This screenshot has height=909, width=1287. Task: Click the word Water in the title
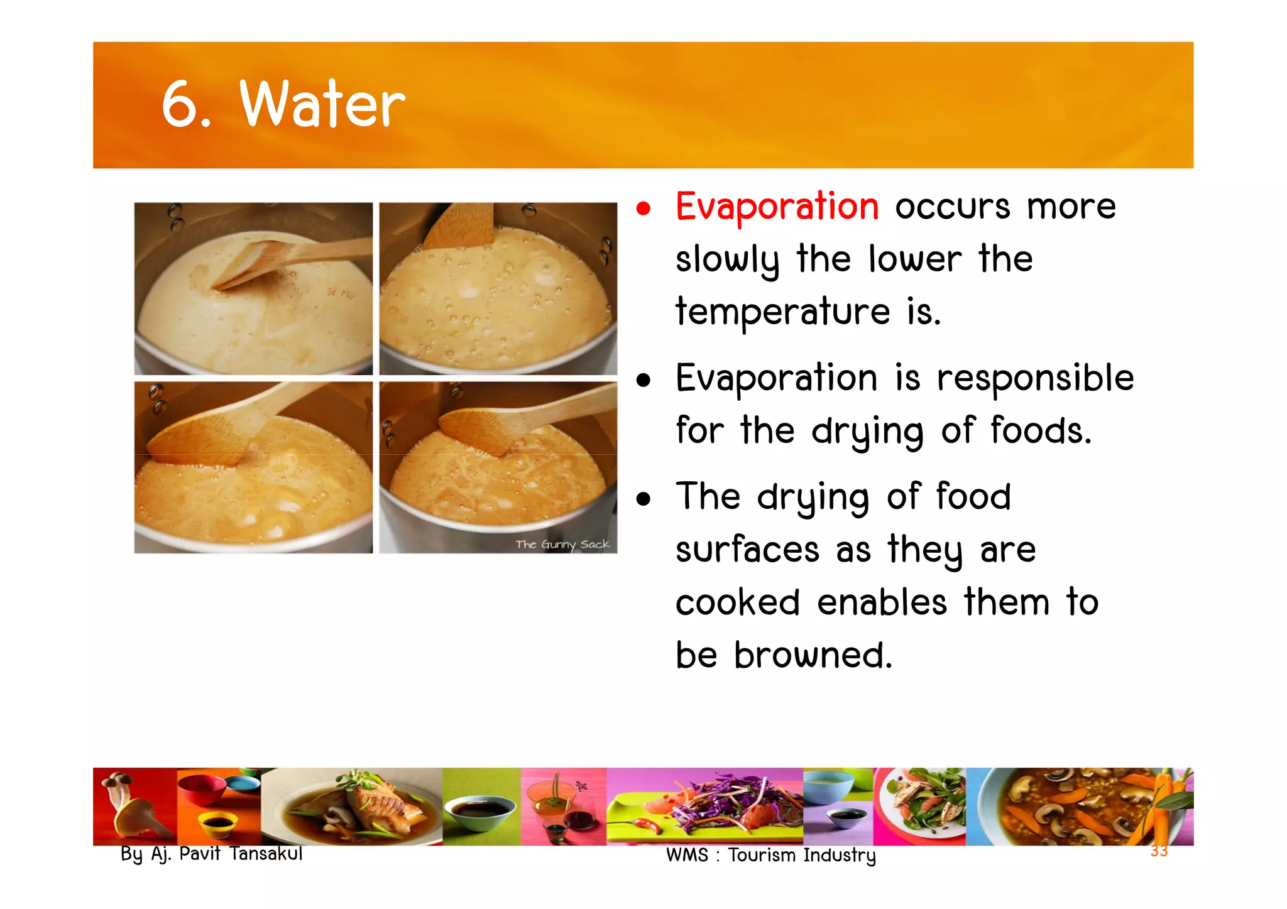click(322, 105)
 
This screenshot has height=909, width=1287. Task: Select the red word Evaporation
click(777, 207)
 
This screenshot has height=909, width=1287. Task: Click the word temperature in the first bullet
click(782, 312)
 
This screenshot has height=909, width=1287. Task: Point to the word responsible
click(1035, 379)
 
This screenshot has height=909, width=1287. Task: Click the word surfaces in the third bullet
click(747, 550)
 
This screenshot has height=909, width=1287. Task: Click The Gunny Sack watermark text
click(562, 544)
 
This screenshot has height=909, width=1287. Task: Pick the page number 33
click(1158, 851)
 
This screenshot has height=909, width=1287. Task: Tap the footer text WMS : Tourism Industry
click(770, 856)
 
